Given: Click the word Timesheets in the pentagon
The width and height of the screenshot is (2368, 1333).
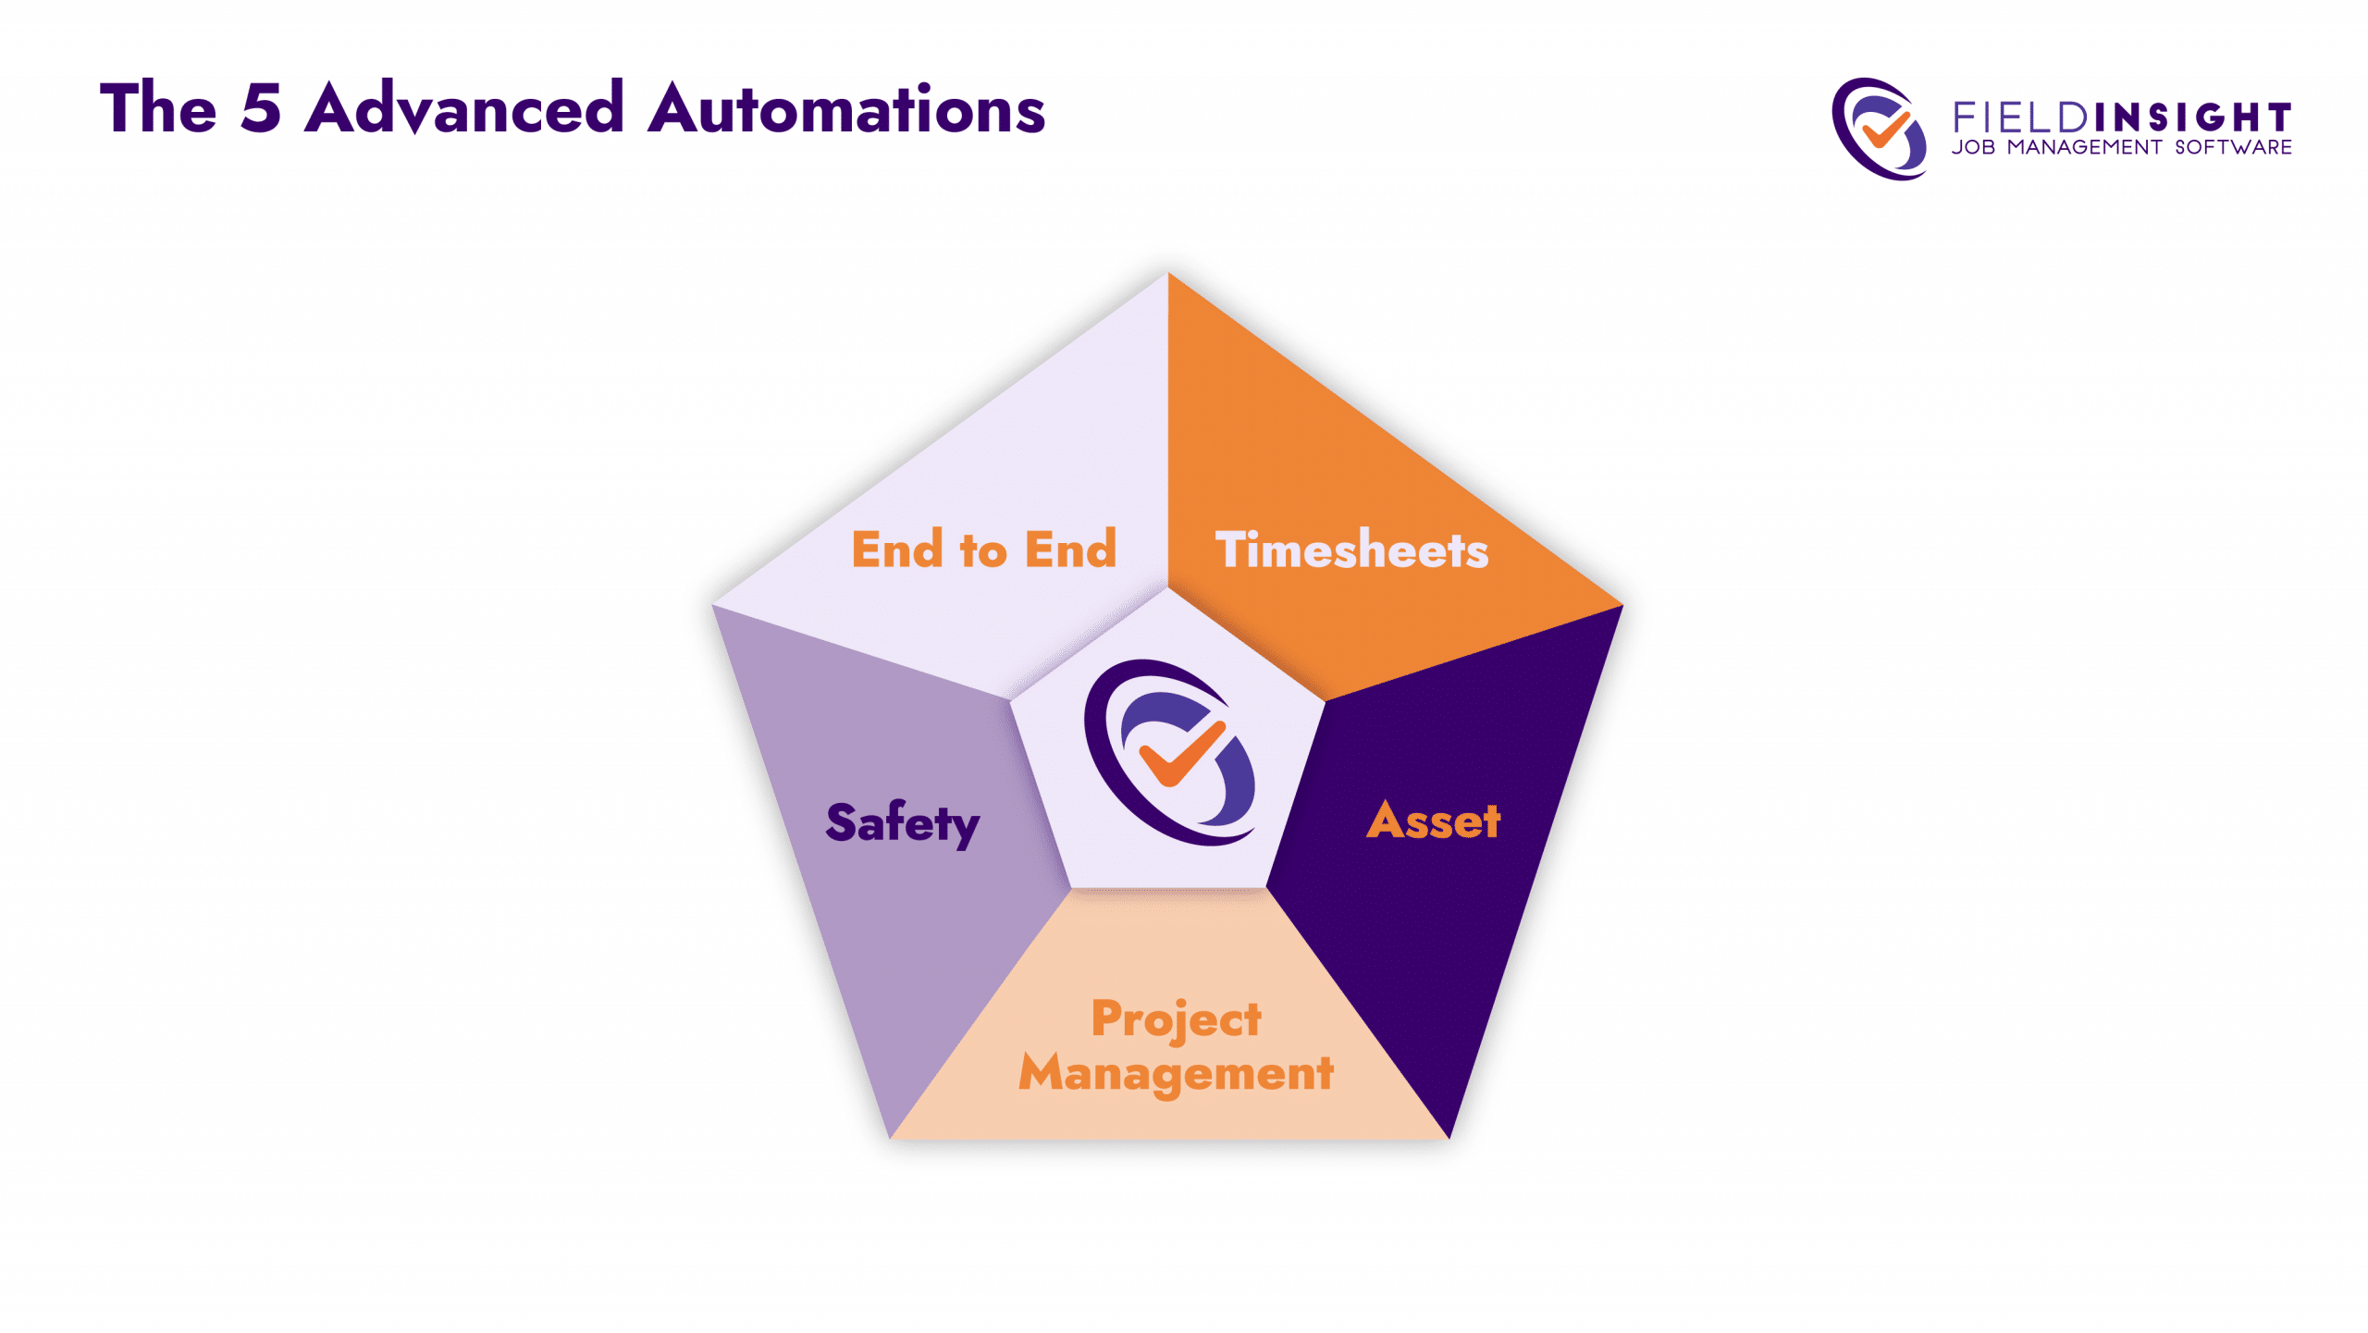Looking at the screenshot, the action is tap(1351, 549).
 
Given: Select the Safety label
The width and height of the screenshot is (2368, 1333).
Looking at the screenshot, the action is tap(903, 823).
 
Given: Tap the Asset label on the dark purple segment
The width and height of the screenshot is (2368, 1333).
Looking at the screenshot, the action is tap(1434, 821).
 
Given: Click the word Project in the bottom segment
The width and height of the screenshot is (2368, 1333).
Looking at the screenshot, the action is tap(1176, 1020).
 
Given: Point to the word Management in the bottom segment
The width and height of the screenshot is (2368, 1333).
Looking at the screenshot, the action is tap(1176, 1074).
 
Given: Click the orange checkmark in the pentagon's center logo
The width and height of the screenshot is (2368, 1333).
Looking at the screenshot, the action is tap(1181, 752).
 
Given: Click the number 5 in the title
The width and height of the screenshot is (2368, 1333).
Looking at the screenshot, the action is tap(260, 108).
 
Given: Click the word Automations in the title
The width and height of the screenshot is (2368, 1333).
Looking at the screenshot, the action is tap(846, 108).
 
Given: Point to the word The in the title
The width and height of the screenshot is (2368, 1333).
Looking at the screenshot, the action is tap(158, 108).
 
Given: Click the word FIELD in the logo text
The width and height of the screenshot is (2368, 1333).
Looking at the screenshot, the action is tap(2020, 117).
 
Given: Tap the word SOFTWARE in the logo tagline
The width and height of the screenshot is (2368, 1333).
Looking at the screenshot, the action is tap(2233, 148).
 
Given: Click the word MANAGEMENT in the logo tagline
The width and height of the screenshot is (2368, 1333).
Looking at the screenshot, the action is tap(2085, 148).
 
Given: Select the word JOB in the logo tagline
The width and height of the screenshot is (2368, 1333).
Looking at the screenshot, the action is tap(1974, 148).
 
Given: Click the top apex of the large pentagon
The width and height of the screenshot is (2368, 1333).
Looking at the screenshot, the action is tap(1167, 272).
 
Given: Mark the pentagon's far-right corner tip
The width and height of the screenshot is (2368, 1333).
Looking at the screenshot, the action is tap(1623, 605).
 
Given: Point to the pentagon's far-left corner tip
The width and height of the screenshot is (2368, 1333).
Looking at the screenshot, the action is tap(711, 605).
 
